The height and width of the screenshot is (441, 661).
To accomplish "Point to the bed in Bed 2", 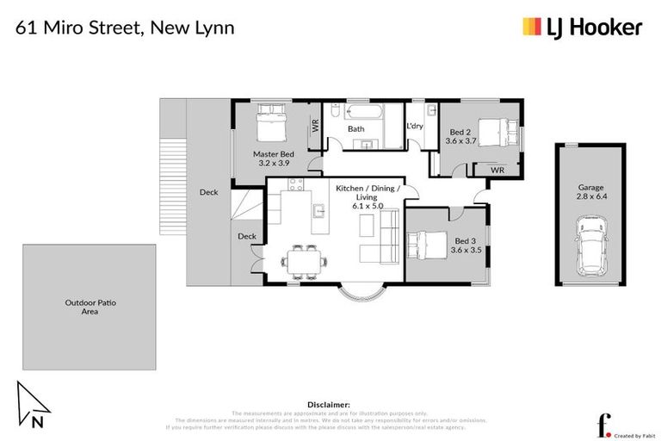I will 491,131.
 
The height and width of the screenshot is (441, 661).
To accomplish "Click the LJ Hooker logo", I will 582,27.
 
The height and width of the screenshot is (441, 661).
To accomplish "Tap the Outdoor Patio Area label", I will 89,307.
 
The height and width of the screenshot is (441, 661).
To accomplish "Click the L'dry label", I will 415,127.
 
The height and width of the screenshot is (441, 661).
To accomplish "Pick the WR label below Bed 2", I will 497,171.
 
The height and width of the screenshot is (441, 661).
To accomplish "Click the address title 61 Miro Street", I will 126,27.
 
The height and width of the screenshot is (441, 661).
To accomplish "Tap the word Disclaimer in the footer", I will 329,403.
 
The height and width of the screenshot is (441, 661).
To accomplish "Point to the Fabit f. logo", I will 605,424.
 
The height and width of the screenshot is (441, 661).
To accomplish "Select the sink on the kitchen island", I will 319,209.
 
